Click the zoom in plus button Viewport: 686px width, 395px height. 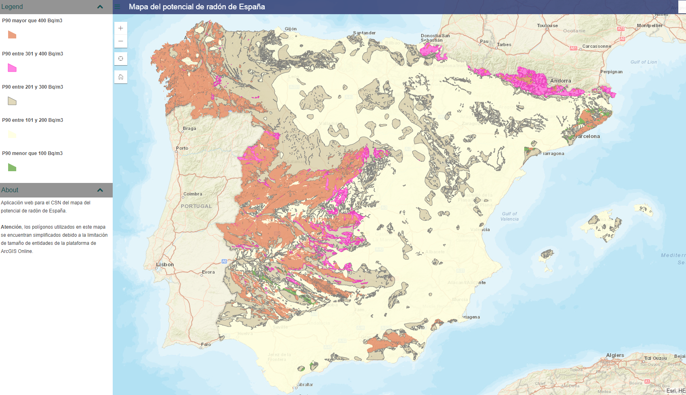click(x=121, y=28)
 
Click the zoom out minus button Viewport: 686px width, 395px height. click(x=121, y=41)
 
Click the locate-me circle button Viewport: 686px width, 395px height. click(x=121, y=59)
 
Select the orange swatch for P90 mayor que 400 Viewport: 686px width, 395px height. click(x=12, y=35)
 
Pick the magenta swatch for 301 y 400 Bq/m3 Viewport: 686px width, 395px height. click(x=12, y=68)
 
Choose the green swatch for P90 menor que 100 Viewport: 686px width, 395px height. click(x=12, y=168)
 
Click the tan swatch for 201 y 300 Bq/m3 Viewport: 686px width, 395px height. click(x=12, y=101)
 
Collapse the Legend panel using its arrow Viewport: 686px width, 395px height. click(x=100, y=7)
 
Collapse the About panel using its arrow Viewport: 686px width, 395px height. click(x=100, y=190)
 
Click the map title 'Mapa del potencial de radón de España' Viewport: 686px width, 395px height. click(x=197, y=7)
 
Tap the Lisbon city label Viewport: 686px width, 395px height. click(x=165, y=265)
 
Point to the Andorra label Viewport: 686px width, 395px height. click(x=560, y=81)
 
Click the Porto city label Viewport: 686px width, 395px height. click(x=182, y=148)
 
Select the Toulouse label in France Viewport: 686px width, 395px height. click(x=547, y=25)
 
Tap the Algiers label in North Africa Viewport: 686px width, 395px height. click(x=615, y=355)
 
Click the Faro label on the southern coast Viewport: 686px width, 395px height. click(x=206, y=345)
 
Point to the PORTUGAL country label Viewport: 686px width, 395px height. click(x=196, y=206)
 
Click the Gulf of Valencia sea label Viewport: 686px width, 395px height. click(x=510, y=217)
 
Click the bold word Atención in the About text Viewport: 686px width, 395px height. click(x=11, y=227)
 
